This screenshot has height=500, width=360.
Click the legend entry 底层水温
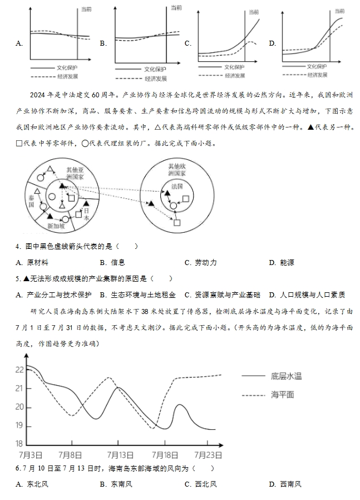tap(286, 376)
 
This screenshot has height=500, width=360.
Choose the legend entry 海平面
tap(282, 395)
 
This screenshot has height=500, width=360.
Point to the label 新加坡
tap(57, 226)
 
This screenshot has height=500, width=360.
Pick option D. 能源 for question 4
tap(282, 262)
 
